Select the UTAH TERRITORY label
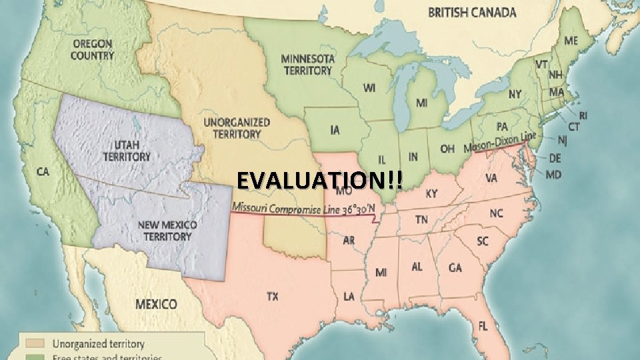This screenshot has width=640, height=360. pos(127,151)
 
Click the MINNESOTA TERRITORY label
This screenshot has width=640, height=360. pos(307,64)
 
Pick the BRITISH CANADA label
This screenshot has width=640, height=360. pos(472,12)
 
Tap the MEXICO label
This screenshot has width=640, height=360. pos(157,304)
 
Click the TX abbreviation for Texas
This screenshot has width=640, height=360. pos(273,297)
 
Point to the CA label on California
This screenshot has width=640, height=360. pos(43,172)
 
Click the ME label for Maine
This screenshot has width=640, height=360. pos(571,41)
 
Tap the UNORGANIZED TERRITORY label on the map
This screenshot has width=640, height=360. pos(237,127)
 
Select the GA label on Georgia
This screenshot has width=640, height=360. pos(455,267)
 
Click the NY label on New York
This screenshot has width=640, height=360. pos(515,94)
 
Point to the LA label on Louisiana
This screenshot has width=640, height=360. pos(349,296)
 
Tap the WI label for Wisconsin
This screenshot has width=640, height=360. pos(369,87)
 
